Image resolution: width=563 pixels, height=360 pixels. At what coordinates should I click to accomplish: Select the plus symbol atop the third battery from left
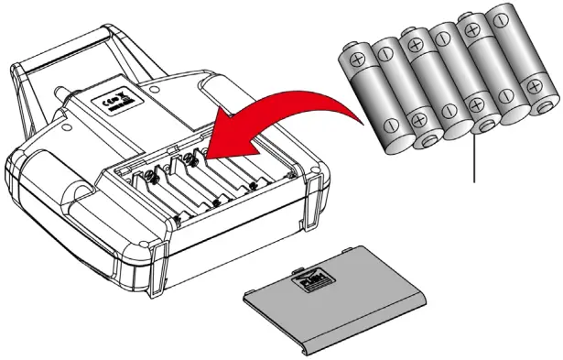pos(413,40)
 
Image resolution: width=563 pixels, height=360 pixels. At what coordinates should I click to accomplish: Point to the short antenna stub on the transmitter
pos(60,95)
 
